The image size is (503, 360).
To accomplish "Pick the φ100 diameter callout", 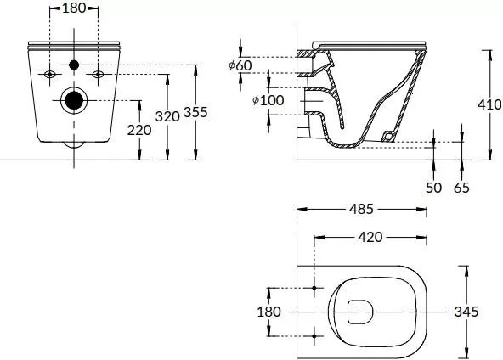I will (268, 101).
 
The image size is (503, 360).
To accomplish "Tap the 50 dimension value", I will (434, 188).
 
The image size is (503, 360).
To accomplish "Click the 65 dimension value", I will (461, 188).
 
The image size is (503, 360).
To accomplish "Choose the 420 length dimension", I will (370, 237).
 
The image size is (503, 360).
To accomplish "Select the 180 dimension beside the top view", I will (268, 312).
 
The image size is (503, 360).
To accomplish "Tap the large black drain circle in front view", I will (75, 100).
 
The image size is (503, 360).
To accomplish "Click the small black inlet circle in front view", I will (75, 65).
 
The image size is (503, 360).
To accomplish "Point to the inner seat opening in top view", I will (360, 312).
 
